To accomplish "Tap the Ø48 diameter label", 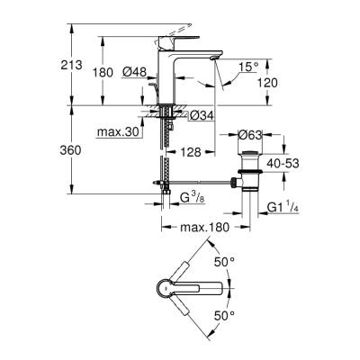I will point(132,72).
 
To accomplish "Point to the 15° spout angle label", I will point(248,66).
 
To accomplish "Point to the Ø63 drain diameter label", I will point(251,135).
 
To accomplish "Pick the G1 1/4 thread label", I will point(284,209).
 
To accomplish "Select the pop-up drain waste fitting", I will point(249,171).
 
